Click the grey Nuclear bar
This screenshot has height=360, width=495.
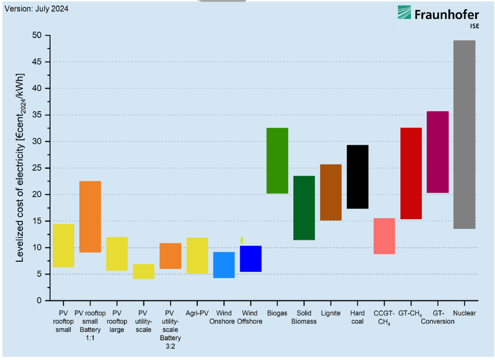(465, 135)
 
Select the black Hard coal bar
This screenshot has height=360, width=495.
(358, 177)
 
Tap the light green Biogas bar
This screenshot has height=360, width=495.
(277, 161)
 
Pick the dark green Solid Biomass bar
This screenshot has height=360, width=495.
(304, 208)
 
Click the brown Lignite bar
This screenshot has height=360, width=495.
(331, 192)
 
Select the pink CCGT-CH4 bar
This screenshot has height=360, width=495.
(384, 236)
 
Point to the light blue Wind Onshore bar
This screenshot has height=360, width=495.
(224, 265)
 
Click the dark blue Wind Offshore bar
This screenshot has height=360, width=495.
(251, 258)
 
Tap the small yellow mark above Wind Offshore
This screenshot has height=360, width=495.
(242, 240)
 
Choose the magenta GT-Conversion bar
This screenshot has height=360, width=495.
(438, 152)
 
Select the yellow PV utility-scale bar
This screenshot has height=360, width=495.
(144, 271)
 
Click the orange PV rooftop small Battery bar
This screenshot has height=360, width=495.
(90, 216)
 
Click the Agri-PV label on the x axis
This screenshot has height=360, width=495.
(197, 313)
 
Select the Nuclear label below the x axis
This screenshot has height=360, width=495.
(465, 313)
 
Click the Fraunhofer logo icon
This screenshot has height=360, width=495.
(405, 16)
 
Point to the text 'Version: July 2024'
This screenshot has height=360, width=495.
(37, 9)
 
